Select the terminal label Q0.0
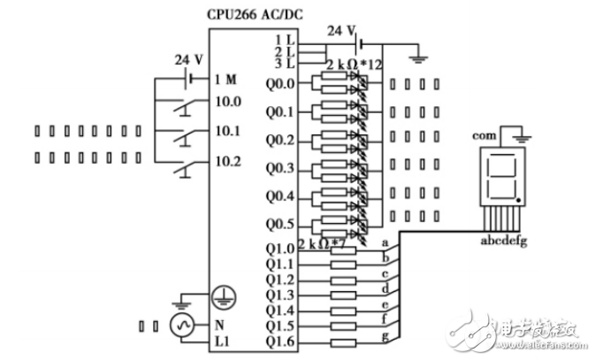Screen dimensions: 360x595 tap(280, 85)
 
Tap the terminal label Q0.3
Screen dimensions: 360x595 tap(280, 168)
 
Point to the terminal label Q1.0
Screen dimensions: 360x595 tap(280, 249)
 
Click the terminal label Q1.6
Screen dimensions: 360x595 tap(280, 342)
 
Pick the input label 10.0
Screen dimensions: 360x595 tap(228, 102)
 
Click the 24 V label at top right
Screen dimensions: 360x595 tap(340, 30)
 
